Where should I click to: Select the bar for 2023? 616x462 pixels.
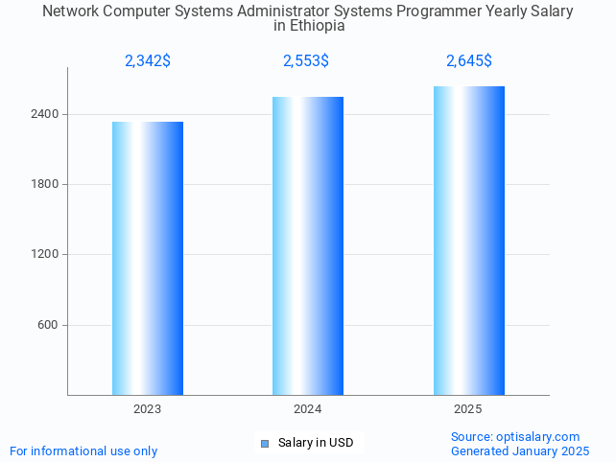(x=148, y=258)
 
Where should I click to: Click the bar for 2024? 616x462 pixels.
(x=308, y=245)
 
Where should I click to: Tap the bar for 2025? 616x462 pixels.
(x=468, y=241)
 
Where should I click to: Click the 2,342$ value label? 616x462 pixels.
(x=148, y=61)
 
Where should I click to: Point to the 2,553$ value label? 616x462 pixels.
(x=306, y=61)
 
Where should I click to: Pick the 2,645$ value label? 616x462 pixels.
(x=469, y=61)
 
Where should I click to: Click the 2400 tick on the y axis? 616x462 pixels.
(x=46, y=114)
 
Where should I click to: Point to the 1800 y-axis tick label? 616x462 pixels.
(x=46, y=184)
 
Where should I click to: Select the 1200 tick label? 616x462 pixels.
(x=46, y=255)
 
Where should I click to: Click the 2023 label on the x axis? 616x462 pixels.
(x=148, y=409)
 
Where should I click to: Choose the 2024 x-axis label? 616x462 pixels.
(x=308, y=409)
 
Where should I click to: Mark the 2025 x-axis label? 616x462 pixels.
(x=468, y=409)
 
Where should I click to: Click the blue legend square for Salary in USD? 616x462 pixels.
(x=265, y=443)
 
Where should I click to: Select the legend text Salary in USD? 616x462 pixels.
(x=316, y=443)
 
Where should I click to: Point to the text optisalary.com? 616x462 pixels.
(x=542, y=437)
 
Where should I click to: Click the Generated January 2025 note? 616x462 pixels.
(x=520, y=450)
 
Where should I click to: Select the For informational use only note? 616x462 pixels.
(x=83, y=450)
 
